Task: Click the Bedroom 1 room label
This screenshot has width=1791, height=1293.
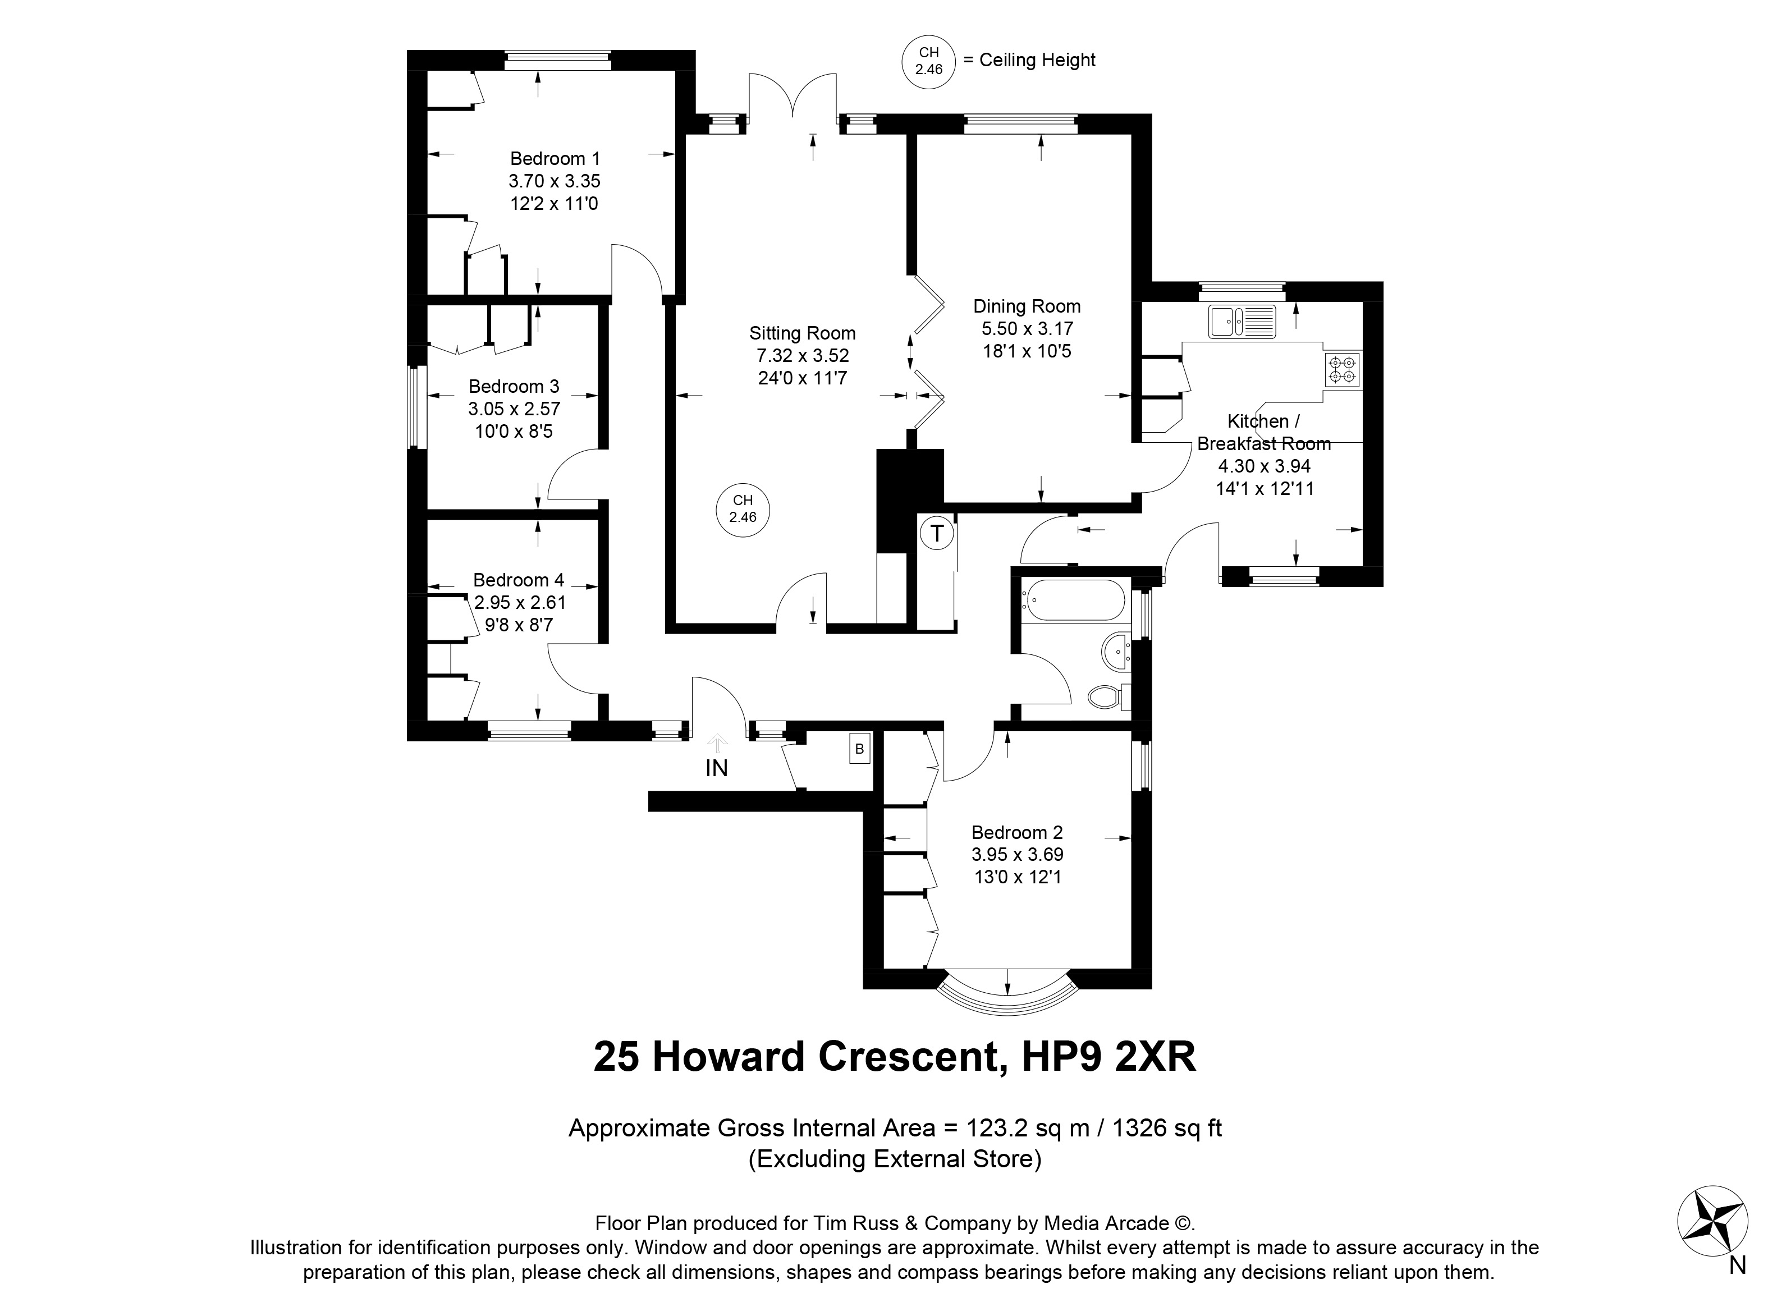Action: [x=555, y=159]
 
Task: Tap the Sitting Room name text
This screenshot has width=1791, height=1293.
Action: [x=802, y=333]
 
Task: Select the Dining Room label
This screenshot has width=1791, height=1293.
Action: [x=1027, y=306]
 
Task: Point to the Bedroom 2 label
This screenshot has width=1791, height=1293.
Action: [x=1017, y=833]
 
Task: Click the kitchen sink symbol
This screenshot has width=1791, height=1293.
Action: [x=1242, y=321]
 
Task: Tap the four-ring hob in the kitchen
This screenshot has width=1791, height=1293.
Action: [x=1343, y=369]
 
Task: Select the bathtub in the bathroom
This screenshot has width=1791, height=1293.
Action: [x=1073, y=600]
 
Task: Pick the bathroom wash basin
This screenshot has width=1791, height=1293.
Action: [x=1116, y=651]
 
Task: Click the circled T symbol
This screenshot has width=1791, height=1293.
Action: [x=937, y=534]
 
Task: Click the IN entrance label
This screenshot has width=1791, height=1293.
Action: [x=716, y=768]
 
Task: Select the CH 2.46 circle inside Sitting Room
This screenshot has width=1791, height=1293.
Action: [x=743, y=509]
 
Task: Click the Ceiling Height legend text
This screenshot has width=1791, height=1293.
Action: [x=1038, y=61]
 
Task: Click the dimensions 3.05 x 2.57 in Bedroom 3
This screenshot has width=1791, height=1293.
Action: [x=514, y=409]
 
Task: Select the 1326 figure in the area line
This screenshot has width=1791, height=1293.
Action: [x=1139, y=1128]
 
